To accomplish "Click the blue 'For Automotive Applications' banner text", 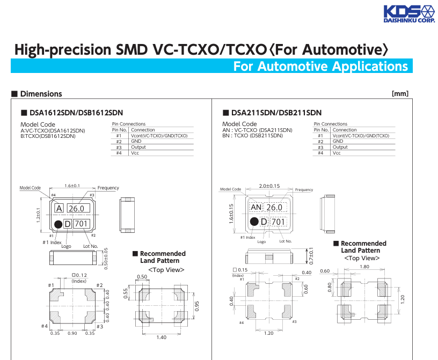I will coord(320,67).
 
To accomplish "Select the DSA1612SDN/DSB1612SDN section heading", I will coord(76,113).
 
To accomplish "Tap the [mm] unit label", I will coord(400,94).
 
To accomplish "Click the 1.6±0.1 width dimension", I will coord(72,186).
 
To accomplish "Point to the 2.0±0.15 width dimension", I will coord(269,186).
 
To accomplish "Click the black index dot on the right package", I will coord(254,222).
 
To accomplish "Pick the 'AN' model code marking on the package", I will coord(256,207).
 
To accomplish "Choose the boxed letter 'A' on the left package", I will coord(59,208).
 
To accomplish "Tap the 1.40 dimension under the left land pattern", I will coord(161,337).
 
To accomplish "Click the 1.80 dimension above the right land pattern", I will coord(364,267).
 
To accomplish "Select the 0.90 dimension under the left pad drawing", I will coord(72,333).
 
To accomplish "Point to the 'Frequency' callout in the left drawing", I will coord(108,188).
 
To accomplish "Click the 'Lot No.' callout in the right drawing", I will coord(286,241).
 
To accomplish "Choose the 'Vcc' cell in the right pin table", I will coord(337,153).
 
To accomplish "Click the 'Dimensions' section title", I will coord(41,94).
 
